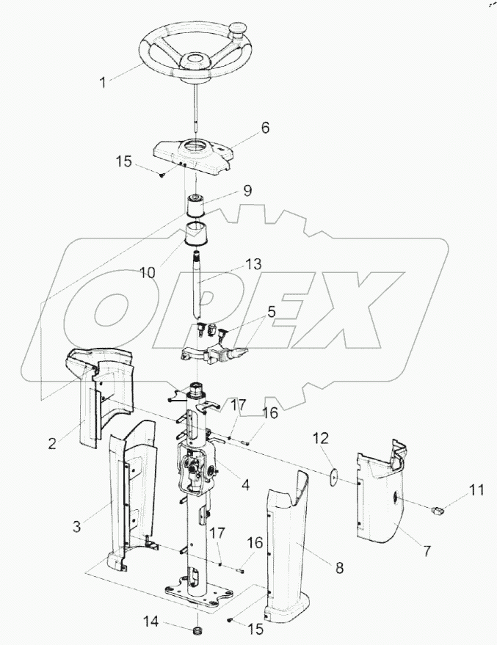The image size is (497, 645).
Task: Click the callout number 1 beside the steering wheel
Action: coord(104,82)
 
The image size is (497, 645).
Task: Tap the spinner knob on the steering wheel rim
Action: coord(237,28)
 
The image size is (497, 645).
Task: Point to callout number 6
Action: coord(265,128)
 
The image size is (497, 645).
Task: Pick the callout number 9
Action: coord(247,191)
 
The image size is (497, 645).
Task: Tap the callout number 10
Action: coord(148,272)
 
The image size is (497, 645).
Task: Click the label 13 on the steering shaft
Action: coord(254,264)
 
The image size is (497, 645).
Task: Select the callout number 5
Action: coord(271,311)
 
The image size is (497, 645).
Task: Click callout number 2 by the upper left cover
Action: coord(52,444)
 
